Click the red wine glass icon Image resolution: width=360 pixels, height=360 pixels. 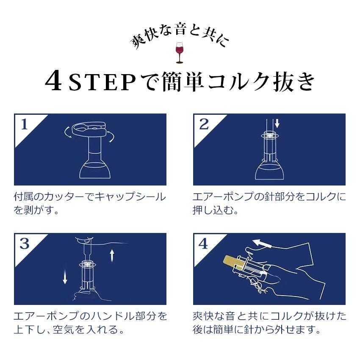pyautogui.click(x=180, y=53)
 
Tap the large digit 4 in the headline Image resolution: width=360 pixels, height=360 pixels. pyautogui.click(x=53, y=80)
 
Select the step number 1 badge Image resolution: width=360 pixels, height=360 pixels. pyautogui.click(x=24, y=125)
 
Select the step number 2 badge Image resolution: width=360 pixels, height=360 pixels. pyautogui.click(x=204, y=125)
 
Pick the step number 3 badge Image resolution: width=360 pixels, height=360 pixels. pyautogui.click(x=24, y=244)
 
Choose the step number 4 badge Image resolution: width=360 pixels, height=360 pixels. pyautogui.click(x=203, y=244)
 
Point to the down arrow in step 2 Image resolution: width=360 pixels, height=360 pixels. pyautogui.click(x=277, y=123)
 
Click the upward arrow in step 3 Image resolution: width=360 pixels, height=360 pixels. pyautogui.click(x=112, y=256)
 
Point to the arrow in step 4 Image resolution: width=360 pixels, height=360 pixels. pyautogui.click(x=263, y=244)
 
